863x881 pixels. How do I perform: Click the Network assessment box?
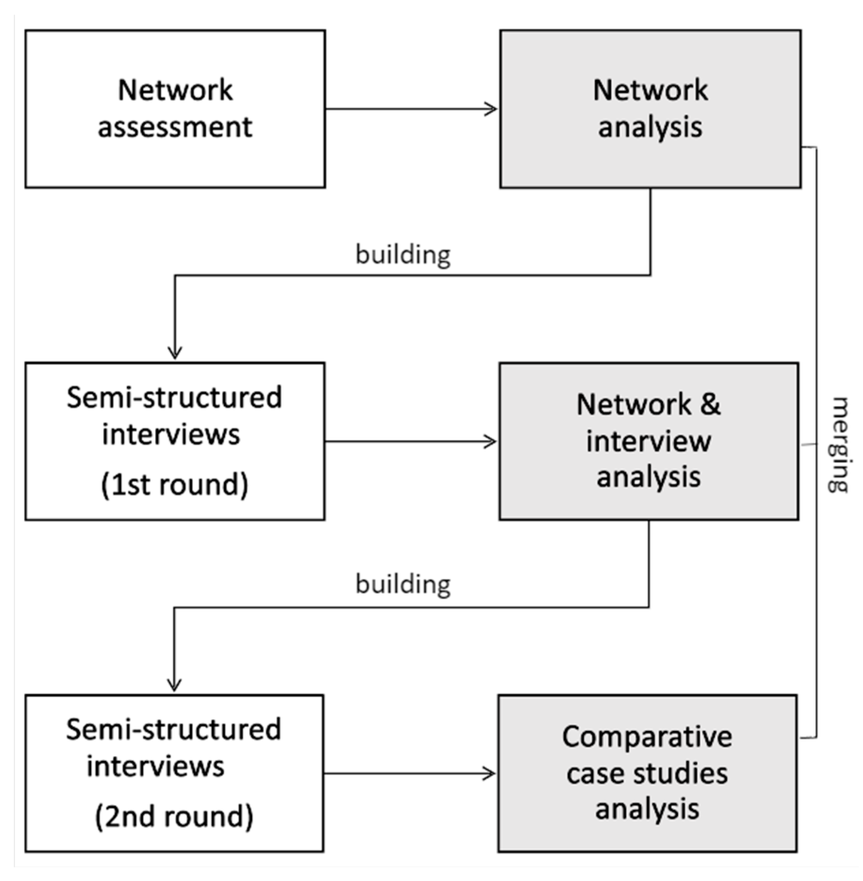pyautogui.click(x=175, y=109)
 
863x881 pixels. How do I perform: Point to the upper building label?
pyautogui.click(x=403, y=254)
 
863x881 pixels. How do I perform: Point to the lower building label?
pyautogui.click(x=403, y=584)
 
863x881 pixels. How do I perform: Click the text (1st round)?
pyautogui.click(x=174, y=484)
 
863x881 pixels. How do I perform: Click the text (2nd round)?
pyautogui.click(x=174, y=816)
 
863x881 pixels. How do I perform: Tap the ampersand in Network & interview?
pyautogui.click(x=710, y=405)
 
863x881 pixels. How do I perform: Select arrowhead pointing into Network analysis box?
pyautogui.click(x=492, y=109)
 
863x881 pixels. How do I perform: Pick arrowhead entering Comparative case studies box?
pyautogui.click(x=490, y=773)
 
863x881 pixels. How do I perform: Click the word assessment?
pyautogui.click(x=175, y=127)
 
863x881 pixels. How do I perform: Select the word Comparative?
pyautogui.click(x=647, y=737)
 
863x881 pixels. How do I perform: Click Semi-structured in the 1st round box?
pyautogui.click(x=174, y=398)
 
